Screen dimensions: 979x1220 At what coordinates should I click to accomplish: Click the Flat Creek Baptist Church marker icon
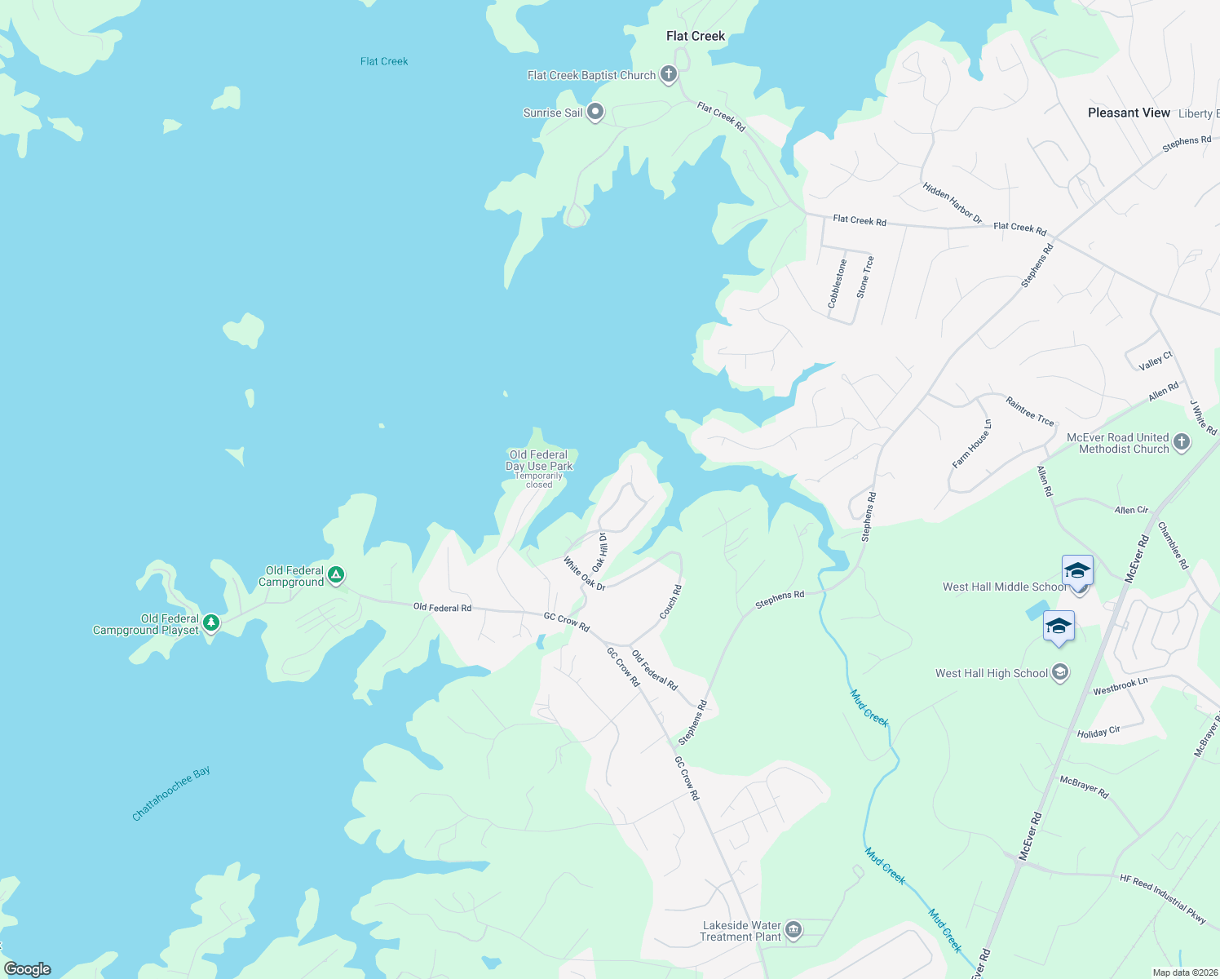669,75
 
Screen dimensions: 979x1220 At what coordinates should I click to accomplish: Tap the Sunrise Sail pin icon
595,112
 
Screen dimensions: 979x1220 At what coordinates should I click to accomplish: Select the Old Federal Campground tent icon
335,576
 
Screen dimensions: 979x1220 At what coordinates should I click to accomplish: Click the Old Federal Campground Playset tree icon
211,623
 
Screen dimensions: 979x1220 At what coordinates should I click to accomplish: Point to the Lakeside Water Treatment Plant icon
793,930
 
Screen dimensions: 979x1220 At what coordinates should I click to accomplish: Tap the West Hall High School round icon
1060,673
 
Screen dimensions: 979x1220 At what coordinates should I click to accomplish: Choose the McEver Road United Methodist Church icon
1182,442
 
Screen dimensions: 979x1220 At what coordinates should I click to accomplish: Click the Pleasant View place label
1129,113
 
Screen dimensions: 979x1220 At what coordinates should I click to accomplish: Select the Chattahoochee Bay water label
171,793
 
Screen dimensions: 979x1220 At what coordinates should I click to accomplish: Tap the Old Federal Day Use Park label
539,461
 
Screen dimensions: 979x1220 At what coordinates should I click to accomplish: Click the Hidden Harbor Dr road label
953,202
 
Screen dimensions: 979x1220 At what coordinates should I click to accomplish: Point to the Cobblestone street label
837,283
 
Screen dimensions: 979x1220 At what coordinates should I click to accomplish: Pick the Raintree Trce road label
1030,410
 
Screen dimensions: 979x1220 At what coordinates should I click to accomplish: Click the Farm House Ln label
972,444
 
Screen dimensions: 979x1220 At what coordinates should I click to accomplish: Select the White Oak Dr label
584,574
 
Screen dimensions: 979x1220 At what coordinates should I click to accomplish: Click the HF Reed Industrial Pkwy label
1163,899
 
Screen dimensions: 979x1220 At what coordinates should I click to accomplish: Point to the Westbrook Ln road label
1121,686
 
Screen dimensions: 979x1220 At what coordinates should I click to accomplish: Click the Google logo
28,969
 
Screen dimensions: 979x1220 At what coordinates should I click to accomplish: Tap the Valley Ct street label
1156,361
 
